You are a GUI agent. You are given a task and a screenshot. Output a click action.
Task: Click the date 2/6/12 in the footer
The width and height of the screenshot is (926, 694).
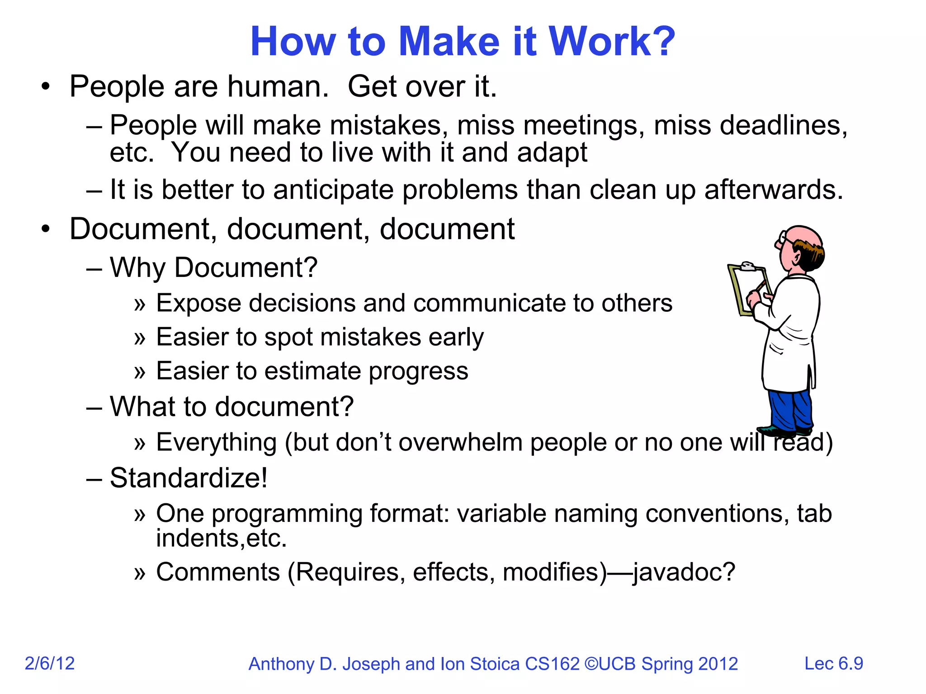50,663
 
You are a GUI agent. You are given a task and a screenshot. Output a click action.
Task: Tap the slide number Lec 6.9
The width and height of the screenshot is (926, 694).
833,663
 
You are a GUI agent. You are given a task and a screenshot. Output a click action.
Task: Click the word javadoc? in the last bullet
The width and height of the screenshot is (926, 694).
684,572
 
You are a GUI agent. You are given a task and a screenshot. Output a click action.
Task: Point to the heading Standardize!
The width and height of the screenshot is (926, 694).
189,478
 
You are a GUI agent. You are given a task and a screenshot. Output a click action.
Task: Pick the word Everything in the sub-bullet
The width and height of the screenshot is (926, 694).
216,442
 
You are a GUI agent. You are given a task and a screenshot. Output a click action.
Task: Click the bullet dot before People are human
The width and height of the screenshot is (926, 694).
45,87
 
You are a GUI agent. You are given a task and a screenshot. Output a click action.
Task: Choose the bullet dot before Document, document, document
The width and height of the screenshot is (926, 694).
45,230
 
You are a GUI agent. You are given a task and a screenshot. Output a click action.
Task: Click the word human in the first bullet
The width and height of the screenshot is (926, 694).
277,86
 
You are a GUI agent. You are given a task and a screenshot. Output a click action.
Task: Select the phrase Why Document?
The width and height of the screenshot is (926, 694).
213,267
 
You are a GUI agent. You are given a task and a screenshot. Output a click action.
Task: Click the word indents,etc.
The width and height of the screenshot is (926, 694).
221,539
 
